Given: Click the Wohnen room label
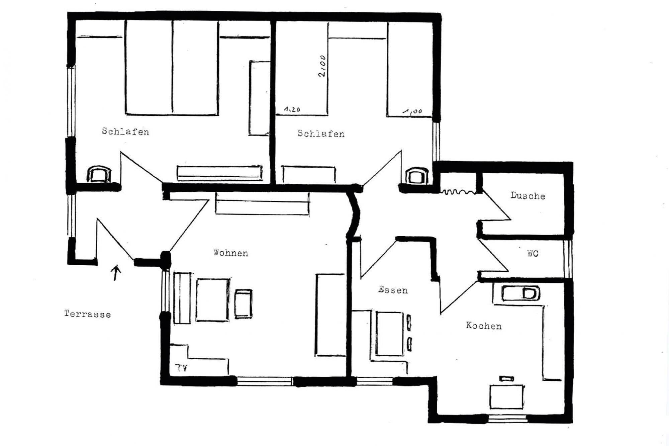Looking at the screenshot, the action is coord(231,253).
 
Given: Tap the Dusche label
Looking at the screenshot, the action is coord(528,196).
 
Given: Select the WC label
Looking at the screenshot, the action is coord(533,253).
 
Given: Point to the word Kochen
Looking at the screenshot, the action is coord(484,326).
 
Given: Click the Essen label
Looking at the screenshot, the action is coord(393,290).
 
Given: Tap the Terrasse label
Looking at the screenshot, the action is coord(87,314).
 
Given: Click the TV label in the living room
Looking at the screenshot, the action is coord(182,368).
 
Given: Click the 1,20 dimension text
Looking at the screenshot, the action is coord(292,109).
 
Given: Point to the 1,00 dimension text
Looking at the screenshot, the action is coord(412,111).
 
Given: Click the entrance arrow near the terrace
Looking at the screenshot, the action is coord(116,273).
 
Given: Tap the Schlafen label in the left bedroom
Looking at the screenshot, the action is coord(125,131).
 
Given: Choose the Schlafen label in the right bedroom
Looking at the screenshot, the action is coord(321,133).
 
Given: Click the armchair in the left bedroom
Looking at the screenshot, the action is coord(99,174).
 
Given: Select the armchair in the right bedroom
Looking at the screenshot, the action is coord(416,176).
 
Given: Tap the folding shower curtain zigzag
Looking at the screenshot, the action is coord(458,192).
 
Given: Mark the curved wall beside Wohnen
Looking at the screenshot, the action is coord(355,214).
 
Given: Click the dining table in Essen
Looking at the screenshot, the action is coord(390,334).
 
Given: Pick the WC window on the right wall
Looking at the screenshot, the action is coord(568,259).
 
